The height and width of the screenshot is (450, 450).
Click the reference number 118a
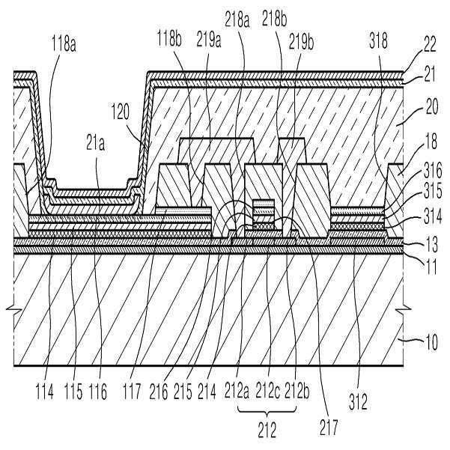pyautogui.click(x=64, y=44)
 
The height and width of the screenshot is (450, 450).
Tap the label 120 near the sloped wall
pyautogui.click(x=121, y=112)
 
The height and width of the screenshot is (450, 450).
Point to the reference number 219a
pyautogui.click(x=209, y=40)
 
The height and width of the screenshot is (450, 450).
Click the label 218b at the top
pyautogui.click(x=274, y=19)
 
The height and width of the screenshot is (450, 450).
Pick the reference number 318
pyautogui.click(x=378, y=40)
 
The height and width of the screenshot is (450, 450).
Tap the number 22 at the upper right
pyautogui.click(x=430, y=44)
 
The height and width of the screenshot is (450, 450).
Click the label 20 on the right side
pyautogui.click(x=431, y=107)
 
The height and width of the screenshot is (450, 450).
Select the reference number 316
pyautogui.click(x=433, y=171)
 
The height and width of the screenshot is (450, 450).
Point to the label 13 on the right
pyautogui.click(x=431, y=245)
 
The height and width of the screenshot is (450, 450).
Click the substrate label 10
pyautogui.click(x=431, y=342)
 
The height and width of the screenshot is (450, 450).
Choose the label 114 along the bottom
pyautogui.click(x=44, y=392)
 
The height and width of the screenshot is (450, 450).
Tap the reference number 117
pyautogui.click(x=132, y=392)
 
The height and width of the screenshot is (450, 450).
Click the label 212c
pyautogui.click(x=267, y=390)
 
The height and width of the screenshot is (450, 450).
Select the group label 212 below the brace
pyautogui.click(x=267, y=431)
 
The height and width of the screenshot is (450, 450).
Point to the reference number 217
pyautogui.click(x=329, y=428)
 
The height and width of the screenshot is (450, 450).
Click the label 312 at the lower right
pyautogui.click(x=358, y=402)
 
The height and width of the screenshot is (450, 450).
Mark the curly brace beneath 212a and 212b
pyautogui.click(x=267, y=412)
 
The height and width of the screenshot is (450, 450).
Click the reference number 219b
pyautogui.click(x=301, y=42)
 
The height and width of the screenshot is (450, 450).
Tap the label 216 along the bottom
pyautogui.click(x=159, y=392)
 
